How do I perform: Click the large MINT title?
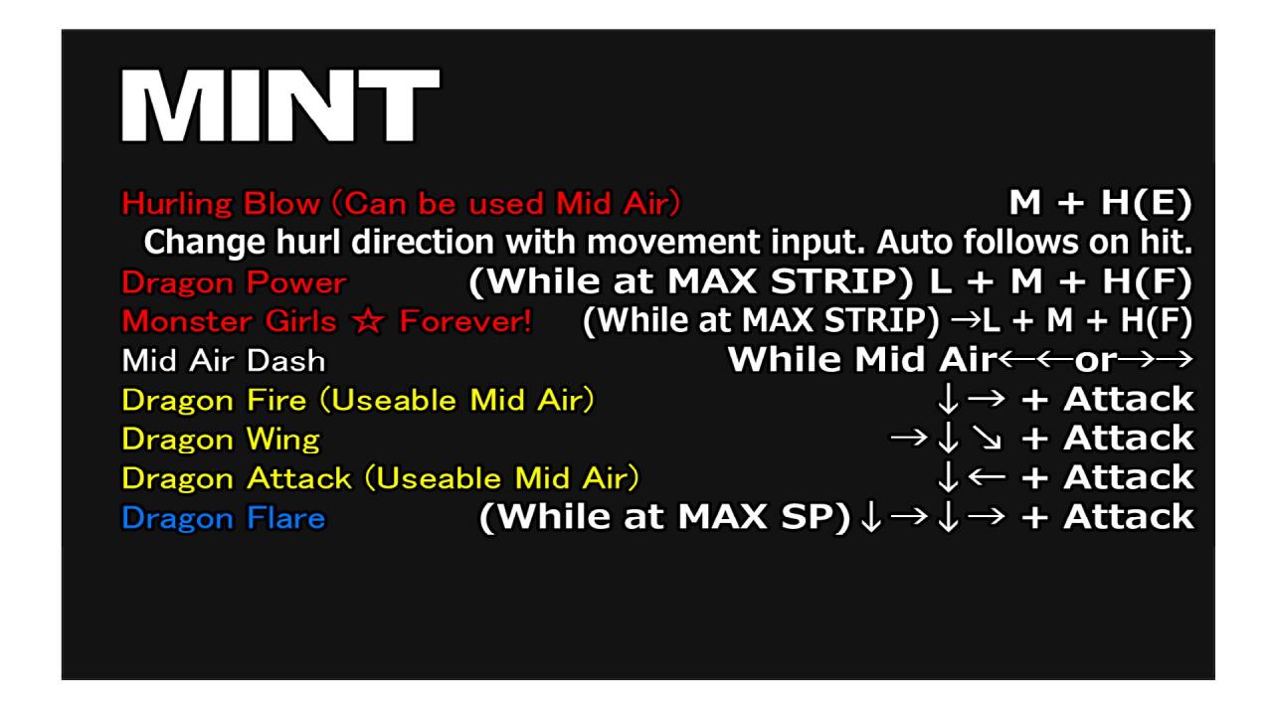click(280, 105)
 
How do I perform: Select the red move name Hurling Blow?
click(221, 204)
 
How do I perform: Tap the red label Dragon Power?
click(234, 282)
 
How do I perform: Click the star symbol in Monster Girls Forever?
click(368, 321)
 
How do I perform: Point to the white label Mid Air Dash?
click(224, 361)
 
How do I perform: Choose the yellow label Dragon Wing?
click(221, 440)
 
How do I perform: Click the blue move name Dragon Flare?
click(224, 518)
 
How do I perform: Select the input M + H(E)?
click(1100, 203)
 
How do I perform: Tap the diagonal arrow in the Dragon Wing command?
click(988, 438)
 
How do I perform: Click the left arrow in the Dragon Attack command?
click(988, 476)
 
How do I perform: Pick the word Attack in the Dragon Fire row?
click(1129, 399)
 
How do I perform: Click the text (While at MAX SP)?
click(665, 517)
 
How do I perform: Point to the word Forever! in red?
click(465, 321)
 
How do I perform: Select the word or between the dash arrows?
click(1096, 360)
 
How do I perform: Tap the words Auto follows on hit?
click(1034, 242)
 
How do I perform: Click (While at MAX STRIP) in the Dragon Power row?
click(691, 281)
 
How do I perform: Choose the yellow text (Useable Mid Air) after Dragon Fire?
click(457, 400)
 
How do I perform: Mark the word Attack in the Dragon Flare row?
click(1129, 517)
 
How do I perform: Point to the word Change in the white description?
click(205, 243)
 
